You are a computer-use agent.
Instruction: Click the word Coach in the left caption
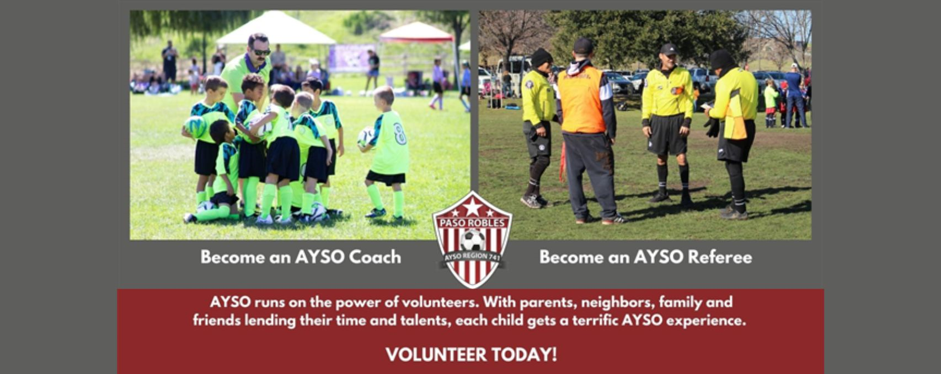tap(375, 257)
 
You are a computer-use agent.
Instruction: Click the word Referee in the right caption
tap(720, 257)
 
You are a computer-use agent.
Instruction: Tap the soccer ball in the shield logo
tap(473, 240)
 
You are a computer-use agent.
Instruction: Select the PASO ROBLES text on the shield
tap(473, 222)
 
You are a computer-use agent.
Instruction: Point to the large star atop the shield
tap(473, 207)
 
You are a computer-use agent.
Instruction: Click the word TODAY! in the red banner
tap(524, 355)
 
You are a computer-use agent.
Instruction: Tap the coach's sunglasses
tap(261, 52)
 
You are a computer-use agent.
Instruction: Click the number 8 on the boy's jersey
tap(399, 134)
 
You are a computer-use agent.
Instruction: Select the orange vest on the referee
tap(581, 100)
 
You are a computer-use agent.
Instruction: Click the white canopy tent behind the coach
tap(276, 29)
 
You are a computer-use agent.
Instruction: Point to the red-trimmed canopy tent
tap(416, 32)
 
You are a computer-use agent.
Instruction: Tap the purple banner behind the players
tap(351, 58)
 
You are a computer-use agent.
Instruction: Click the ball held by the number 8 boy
tap(365, 137)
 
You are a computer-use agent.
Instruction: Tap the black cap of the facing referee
tap(669, 50)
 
